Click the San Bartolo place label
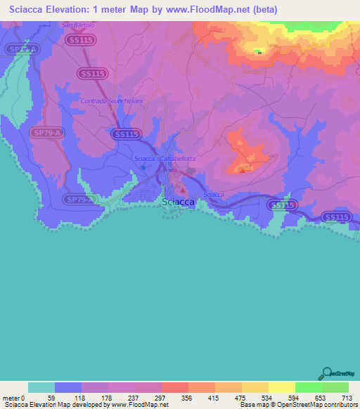(77, 25)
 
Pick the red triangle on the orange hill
(243, 169)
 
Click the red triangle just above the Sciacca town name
(181, 190)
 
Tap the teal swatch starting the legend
(41, 388)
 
